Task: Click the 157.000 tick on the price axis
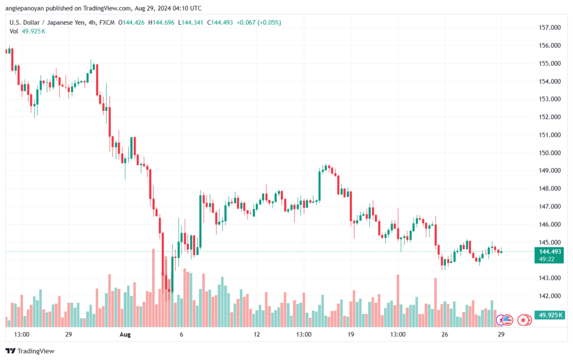click(550, 27)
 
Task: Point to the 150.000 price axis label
click(550, 153)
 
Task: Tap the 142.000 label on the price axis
click(550, 296)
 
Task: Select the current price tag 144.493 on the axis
click(550, 251)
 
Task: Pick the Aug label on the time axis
click(125, 334)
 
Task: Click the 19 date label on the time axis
click(350, 334)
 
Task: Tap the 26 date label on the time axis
click(444, 334)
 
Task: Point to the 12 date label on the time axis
click(257, 334)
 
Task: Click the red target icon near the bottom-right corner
click(524, 320)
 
